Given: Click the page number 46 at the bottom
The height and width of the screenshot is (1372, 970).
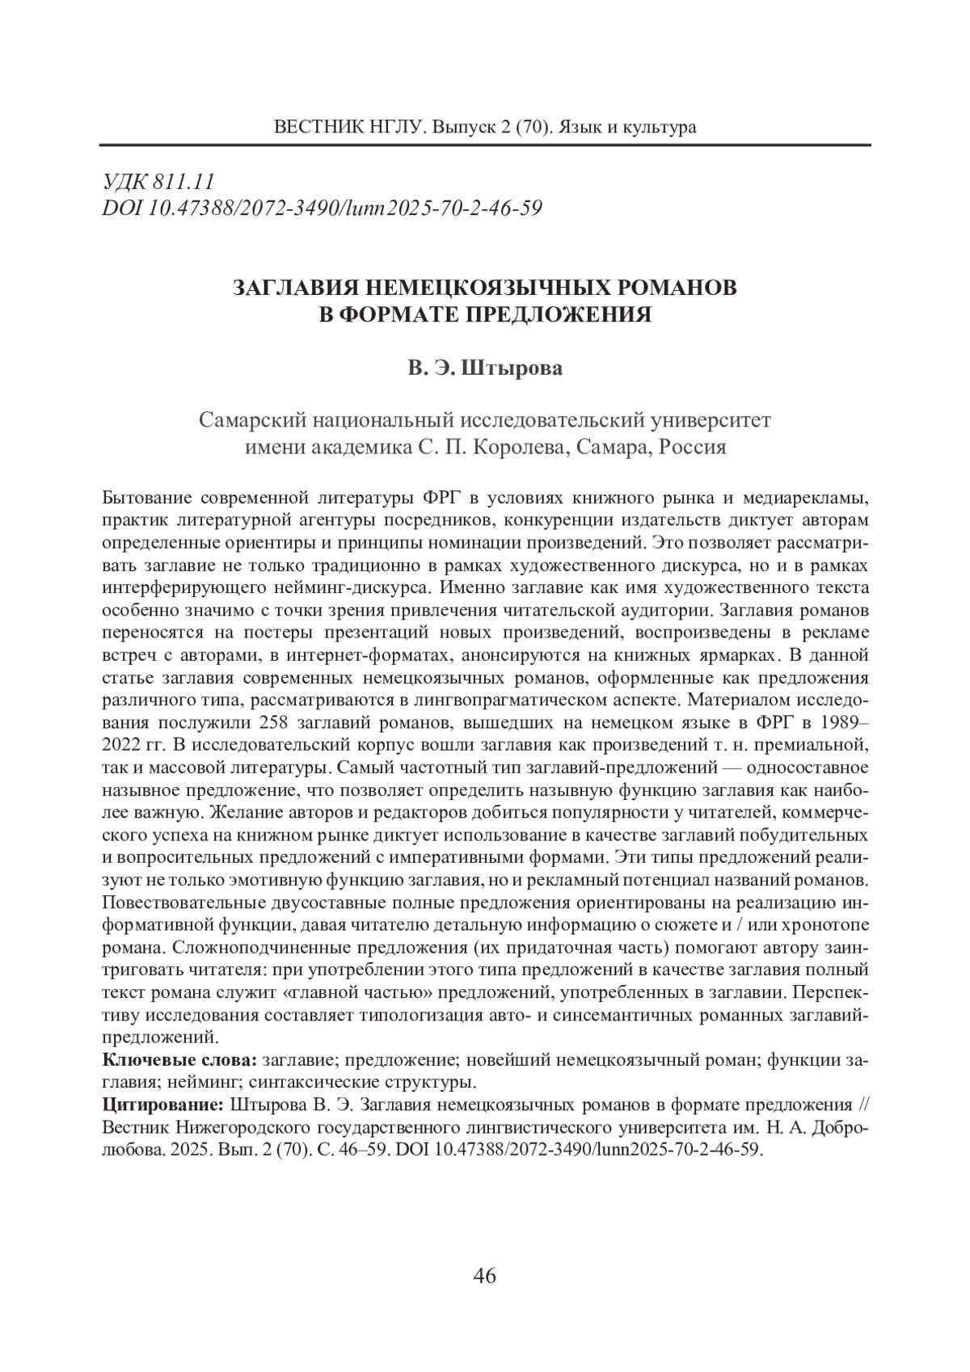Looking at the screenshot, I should pyautogui.click(x=484, y=1277).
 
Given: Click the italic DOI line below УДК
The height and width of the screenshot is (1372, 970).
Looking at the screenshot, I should pyautogui.click(x=322, y=208).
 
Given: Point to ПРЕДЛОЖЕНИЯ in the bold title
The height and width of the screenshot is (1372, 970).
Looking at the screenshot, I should pyautogui.click(x=559, y=314).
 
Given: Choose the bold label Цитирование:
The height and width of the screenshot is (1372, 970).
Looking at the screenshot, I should pyautogui.click(x=165, y=1105).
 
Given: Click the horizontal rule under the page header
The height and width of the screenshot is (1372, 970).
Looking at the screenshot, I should pyautogui.click(x=485, y=145).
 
